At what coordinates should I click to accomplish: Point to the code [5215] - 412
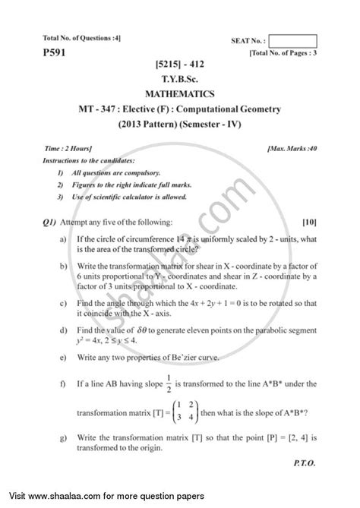[x=180, y=62]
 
